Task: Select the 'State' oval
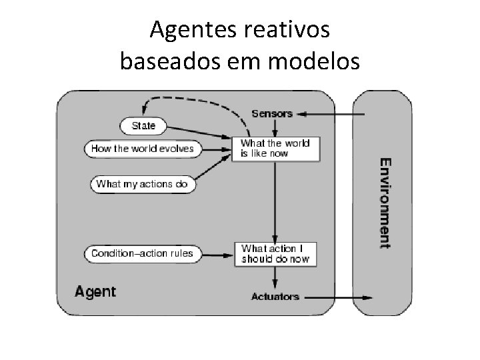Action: pos(143,125)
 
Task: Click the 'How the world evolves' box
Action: pos(143,149)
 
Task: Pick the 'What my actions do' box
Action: pos(142,183)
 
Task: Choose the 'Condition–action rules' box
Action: pos(142,253)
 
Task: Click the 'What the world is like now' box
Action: pos(275,148)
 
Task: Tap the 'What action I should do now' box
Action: pos(275,253)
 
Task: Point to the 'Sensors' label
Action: pos(272,113)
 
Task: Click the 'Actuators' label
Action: pos(275,296)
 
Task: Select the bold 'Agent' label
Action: pos(95,291)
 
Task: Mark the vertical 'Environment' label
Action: pos(385,203)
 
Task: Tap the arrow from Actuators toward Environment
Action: pos(340,297)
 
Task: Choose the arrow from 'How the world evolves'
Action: pos(219,149)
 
